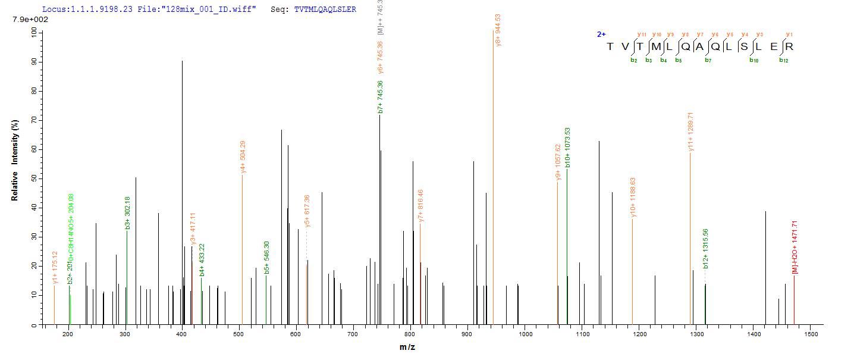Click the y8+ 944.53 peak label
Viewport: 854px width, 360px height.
click(x=498, y=30)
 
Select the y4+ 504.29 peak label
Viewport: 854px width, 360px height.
click(x=243, y=157)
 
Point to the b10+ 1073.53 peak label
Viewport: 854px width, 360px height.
click(x=567, y=148)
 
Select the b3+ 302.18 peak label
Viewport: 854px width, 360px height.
click(x=127, y=213)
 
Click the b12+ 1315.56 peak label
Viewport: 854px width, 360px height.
click(x=705, y=248)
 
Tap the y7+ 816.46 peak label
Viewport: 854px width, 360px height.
click(x=420, y=206)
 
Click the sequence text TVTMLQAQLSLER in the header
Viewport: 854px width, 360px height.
click(x=325, y=10)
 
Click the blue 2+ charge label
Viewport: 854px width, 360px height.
click(x=601, y=35)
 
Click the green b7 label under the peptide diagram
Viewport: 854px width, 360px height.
click(x=708, y=60)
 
